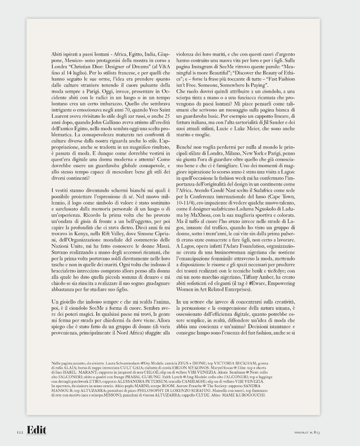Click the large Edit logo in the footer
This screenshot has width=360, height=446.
click(36, 431)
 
